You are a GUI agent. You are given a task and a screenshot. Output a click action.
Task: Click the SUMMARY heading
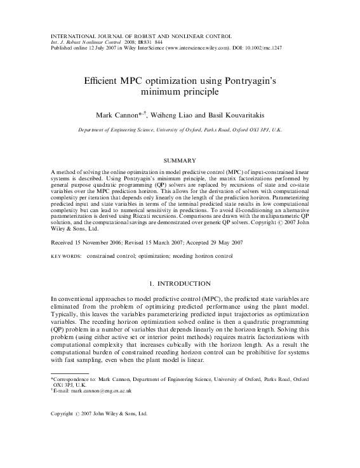(x=180, y=161)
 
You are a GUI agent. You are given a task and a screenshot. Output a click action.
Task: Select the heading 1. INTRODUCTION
(x=180, y=283)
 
